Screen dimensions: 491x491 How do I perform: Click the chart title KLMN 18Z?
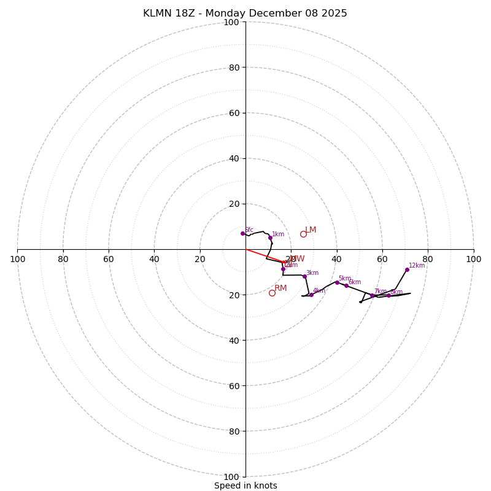[x=245, y=14]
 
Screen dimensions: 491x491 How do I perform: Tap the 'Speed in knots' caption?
[x=245, y=485]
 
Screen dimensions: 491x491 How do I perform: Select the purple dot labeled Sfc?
[x=242, y=233]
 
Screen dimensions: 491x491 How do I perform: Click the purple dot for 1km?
[x=270, y=238]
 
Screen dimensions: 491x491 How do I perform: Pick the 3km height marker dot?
[x=304, y=276]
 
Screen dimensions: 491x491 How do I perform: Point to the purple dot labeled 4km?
[x=311, y=295]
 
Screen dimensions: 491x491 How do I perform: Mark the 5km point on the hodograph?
[x=337, y=282]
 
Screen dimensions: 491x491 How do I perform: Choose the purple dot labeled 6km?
[x=346, y=285]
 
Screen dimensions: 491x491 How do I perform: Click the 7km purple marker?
[x=372, y=295]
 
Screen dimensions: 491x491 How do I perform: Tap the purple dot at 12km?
[x=407, y=269]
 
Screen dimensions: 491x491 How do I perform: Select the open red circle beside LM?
[x=303, y=234]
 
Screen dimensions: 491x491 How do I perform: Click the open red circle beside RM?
[x=272, y=293]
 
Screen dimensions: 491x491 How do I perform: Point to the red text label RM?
[x=280, y=288]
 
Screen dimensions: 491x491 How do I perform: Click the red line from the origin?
[x=264, y=256]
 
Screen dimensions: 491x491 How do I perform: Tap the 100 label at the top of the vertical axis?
[x=231, y=22]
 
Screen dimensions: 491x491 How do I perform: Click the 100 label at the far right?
[x=473, y=259]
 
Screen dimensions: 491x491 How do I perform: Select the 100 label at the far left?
[x=17, y=259]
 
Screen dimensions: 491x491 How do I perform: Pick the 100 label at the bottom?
[x=231, y=476]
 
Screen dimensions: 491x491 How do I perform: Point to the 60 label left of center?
[x=109, y=259]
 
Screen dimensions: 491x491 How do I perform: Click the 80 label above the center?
[x=233, y=68]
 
